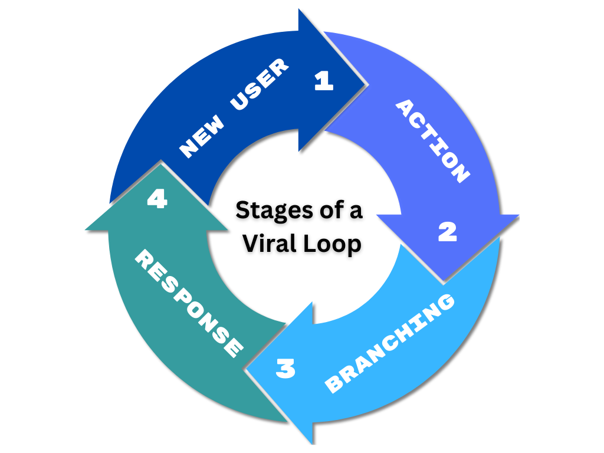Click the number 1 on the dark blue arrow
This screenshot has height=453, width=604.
tap(323, 81)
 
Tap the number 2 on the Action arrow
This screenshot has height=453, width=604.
tap(447, 232)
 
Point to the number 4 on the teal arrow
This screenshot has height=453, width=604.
tap(157, 201)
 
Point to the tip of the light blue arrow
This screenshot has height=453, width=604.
tap(247, 372)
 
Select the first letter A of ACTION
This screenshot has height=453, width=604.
tap(405, 109)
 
